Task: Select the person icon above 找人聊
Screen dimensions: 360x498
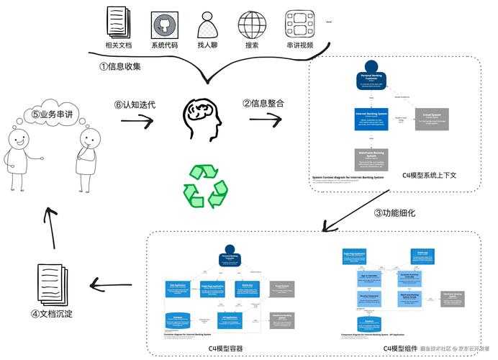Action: [209, 23]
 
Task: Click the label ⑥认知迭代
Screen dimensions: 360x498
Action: [135, 104]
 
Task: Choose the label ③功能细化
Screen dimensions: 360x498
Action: [394, 212]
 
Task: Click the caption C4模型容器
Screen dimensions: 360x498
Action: [226, 348]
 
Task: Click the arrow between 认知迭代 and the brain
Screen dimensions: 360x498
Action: [136, 120]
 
